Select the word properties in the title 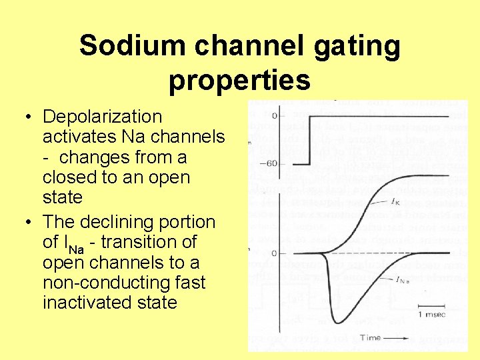coord(239,81)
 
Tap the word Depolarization coord(102,117)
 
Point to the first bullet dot coord(28,117)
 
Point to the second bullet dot coord(28,223)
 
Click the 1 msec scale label coord(432,313)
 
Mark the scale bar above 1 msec coord(432,304)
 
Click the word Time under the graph coord(370,338)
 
